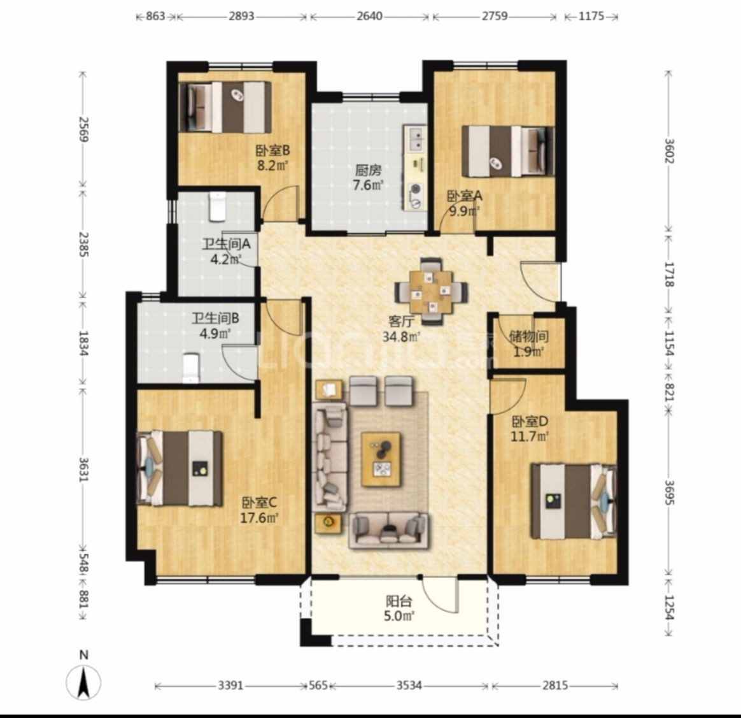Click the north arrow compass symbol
coord(84,682)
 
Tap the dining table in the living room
coord(430,291)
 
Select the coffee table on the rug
coord(381,459)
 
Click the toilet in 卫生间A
coord(217,206)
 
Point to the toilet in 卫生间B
coord(190,368)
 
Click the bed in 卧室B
coord(225,108)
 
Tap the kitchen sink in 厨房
coord(416,139)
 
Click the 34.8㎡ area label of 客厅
coord(401,337)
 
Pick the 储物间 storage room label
coord(529,336)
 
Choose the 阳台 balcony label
coord(399,601)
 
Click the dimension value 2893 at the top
coord(241,16)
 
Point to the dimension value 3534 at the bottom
coord(409,685)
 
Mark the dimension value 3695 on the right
coord(669,492)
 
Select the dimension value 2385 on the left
coord(83,244)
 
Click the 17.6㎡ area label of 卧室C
coord(259,518)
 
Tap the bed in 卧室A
coord(508,151)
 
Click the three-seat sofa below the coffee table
coord(389,530)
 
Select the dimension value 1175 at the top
coord(591,16)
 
